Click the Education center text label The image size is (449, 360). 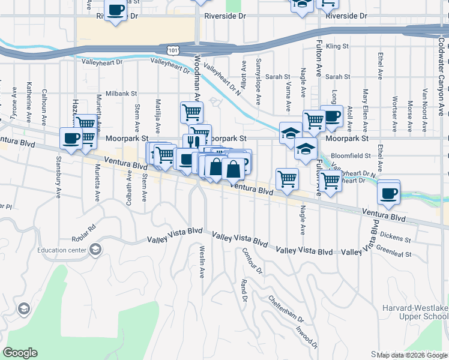(61, 251)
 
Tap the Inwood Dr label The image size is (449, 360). (306, 336)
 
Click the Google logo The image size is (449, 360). (20, 353)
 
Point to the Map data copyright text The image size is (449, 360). (412, 355)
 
